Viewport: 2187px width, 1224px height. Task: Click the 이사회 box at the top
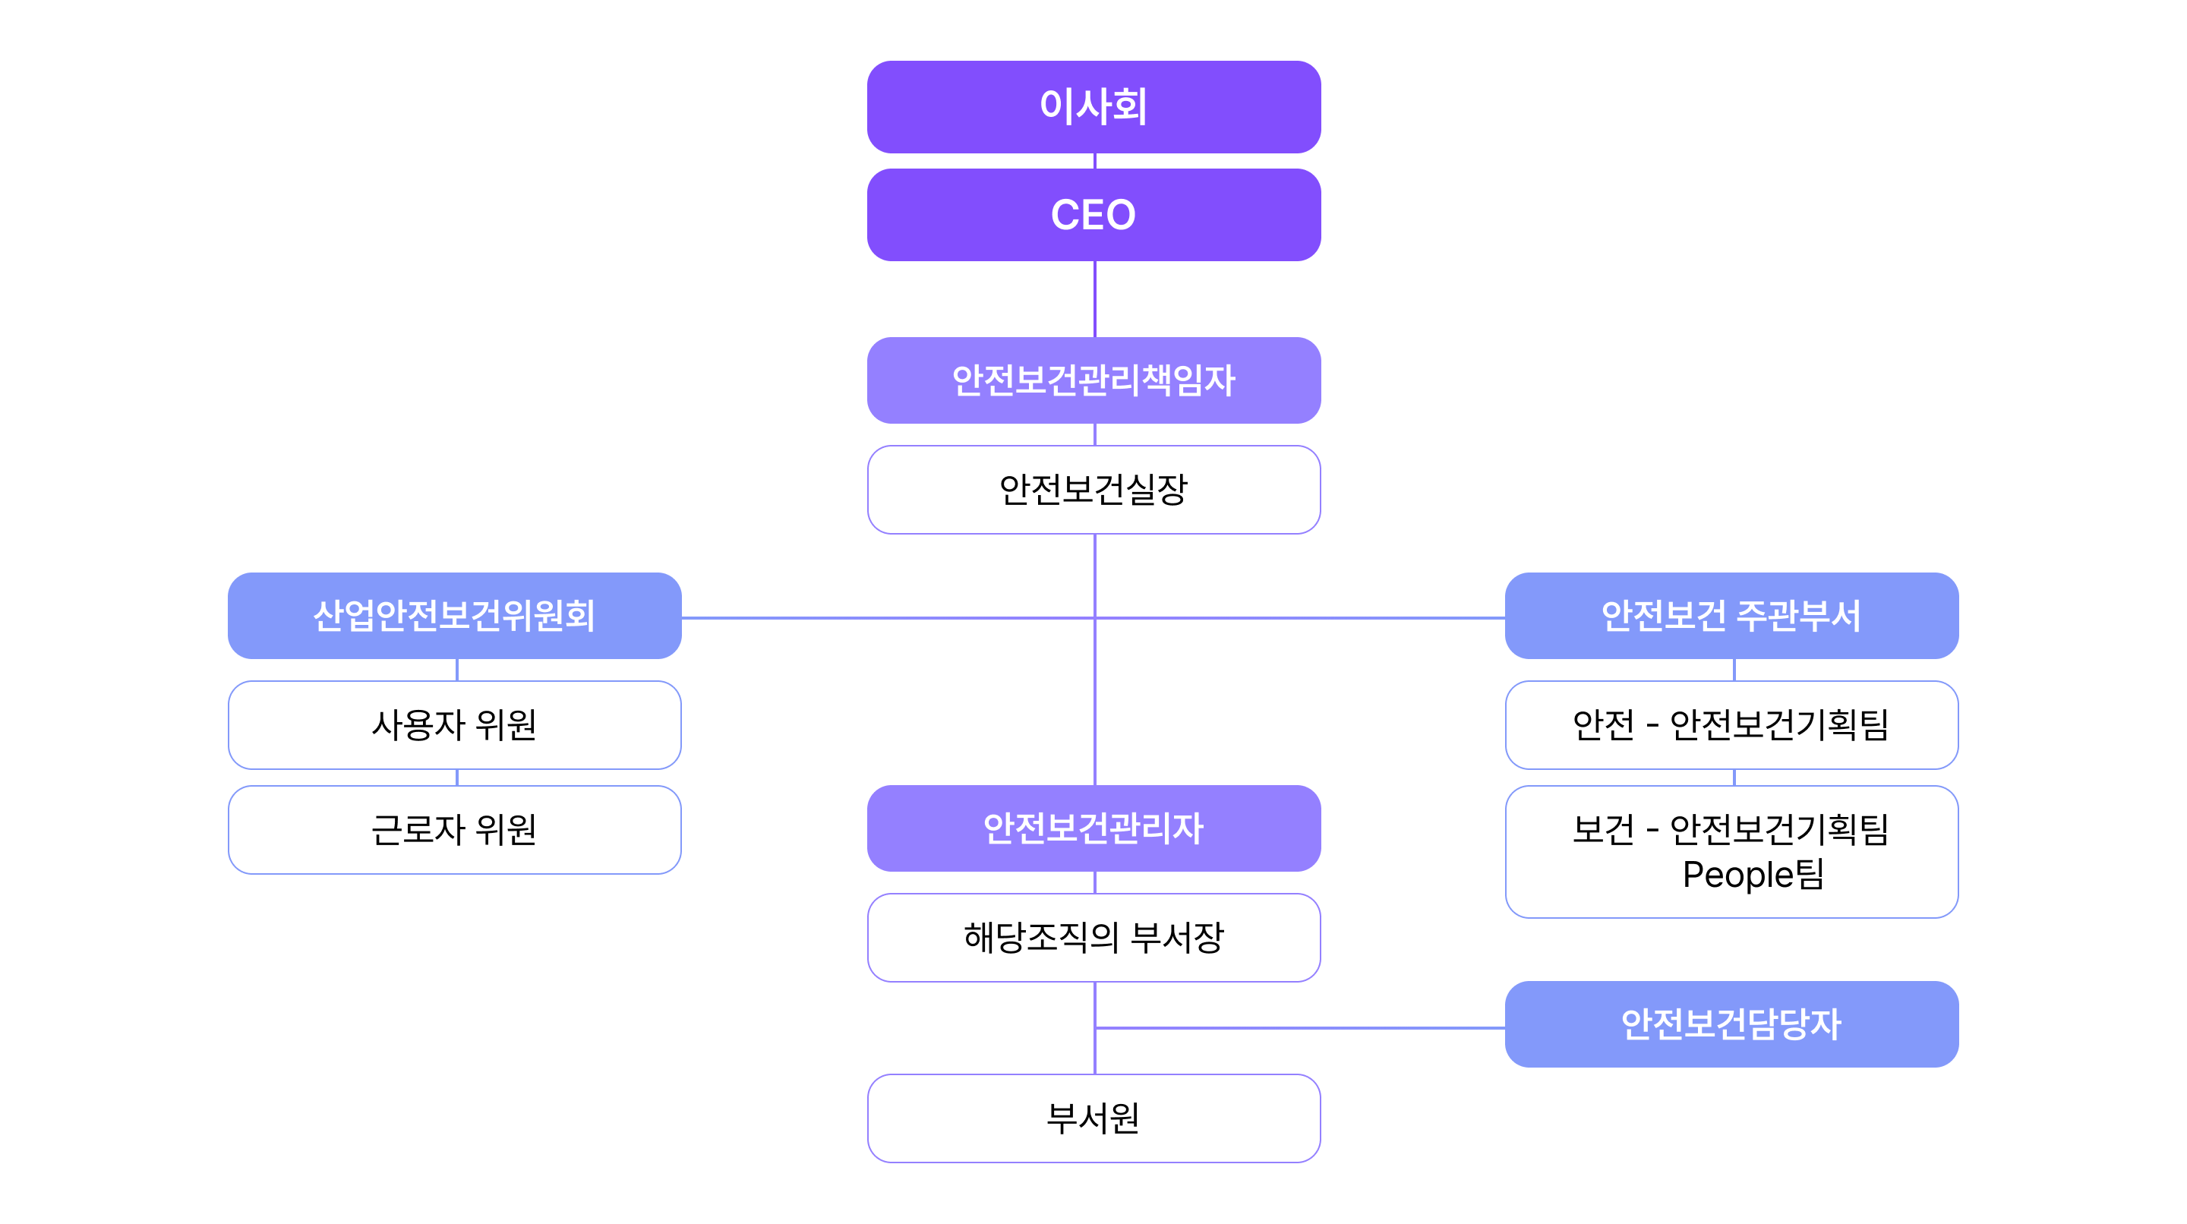click(1093, 107)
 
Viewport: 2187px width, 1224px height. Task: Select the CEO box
click(1093, 215)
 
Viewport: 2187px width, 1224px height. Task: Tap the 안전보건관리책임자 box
click(1093, 380)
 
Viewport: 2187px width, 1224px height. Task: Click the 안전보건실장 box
click(1093, 490)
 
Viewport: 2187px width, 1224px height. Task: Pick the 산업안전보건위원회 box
click(454, 615)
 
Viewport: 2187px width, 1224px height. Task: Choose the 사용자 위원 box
click(454, 725)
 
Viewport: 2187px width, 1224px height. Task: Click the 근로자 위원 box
click(454, 829)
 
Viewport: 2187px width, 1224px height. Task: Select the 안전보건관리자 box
click(1093, 828)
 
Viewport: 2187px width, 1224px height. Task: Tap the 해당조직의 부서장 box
click(1093, 937)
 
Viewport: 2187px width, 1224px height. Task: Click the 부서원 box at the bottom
click(1093, 1118)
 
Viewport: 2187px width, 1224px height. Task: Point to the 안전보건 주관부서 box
click(1732, 615)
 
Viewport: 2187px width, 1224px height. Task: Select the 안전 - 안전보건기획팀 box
click(1732, 725)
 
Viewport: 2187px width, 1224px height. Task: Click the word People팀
click(1753, 874)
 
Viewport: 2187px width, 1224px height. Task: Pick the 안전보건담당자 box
click(1732, 1024)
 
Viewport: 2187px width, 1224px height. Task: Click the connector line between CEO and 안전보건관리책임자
click(1095, 298)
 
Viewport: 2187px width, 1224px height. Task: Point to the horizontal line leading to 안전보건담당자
click(1301, 1028)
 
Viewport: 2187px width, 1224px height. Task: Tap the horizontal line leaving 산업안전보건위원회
click(888, 618)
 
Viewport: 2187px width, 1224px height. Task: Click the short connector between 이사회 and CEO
click(1095, 161)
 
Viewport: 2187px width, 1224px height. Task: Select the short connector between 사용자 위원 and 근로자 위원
click(456, 778)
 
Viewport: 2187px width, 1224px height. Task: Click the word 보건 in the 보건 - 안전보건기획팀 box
click(1603, 829)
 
